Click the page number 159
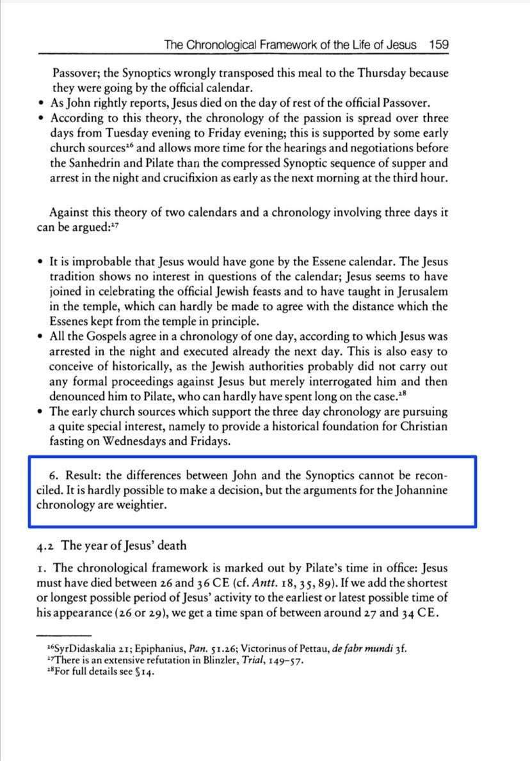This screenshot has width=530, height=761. click(439, 45)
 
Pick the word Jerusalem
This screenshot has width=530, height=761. click(418, 292)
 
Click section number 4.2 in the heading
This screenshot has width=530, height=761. click(47, 546)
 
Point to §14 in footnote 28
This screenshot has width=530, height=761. click(145, 672)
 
